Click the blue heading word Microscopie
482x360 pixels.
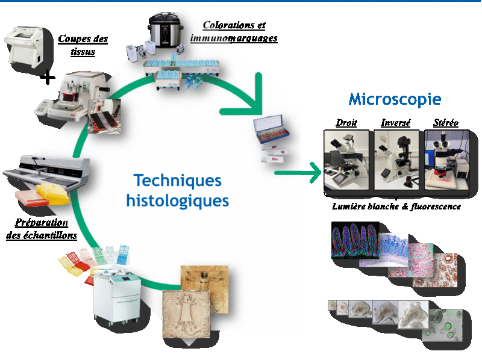coord(395,99)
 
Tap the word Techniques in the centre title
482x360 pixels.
coord(177,181)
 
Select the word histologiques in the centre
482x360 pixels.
coord(178,201)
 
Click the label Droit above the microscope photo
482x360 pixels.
coord(346,123)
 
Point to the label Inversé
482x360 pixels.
coord(396,123)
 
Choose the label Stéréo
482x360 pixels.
coord(446,123)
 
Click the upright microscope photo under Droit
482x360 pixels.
coord(346,160)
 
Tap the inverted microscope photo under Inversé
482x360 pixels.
coord(396,160)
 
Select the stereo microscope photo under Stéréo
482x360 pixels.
coord(447,160)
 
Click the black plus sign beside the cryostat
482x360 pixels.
coord(48,77)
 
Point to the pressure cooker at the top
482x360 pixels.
coord(164,31)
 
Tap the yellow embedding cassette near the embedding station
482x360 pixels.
coord(53,194)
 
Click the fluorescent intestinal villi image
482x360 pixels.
coord(355,240)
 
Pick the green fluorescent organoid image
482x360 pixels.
coord(442,325)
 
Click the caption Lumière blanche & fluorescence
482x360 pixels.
coord(396,206)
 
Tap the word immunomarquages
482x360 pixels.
coord(234,38)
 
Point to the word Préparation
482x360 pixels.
coord(42,222)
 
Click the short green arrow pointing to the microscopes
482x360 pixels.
coord(298,173)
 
